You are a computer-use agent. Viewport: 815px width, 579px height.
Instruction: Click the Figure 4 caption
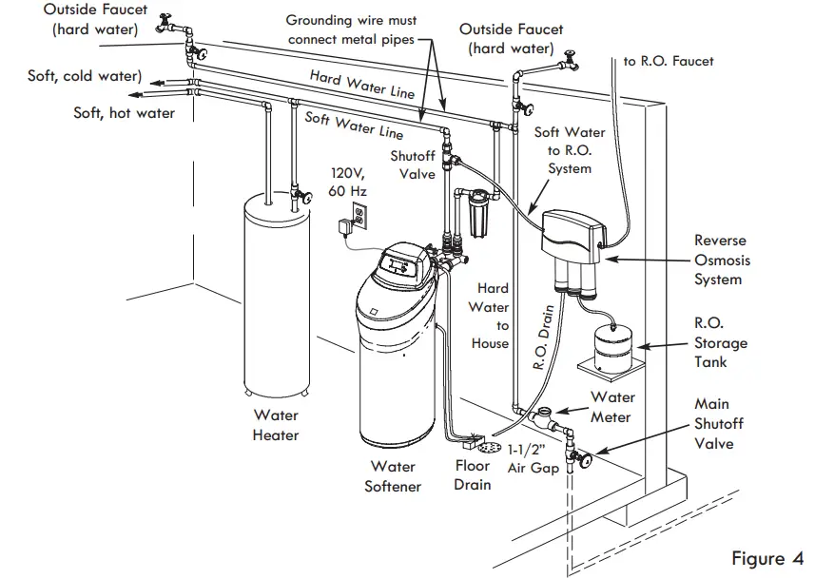click(x=766, y=557)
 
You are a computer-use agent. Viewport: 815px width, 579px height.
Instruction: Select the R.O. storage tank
click(x=614, y=345)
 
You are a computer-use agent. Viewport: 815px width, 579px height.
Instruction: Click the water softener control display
click(x=399, y=266)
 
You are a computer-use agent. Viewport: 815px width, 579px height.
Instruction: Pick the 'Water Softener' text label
click(x=393, y=477)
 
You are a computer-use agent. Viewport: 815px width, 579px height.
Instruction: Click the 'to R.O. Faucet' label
click(x=668, y=62)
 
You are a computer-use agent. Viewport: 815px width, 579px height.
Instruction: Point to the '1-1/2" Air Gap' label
click(x=532, y=459)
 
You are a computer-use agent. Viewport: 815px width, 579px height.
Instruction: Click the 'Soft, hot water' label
click(x=124, y=113)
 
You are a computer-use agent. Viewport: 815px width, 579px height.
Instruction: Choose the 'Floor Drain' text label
click(x=472, y=475)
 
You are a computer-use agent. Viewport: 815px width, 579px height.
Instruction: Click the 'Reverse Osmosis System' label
click(x=720, y=261)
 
